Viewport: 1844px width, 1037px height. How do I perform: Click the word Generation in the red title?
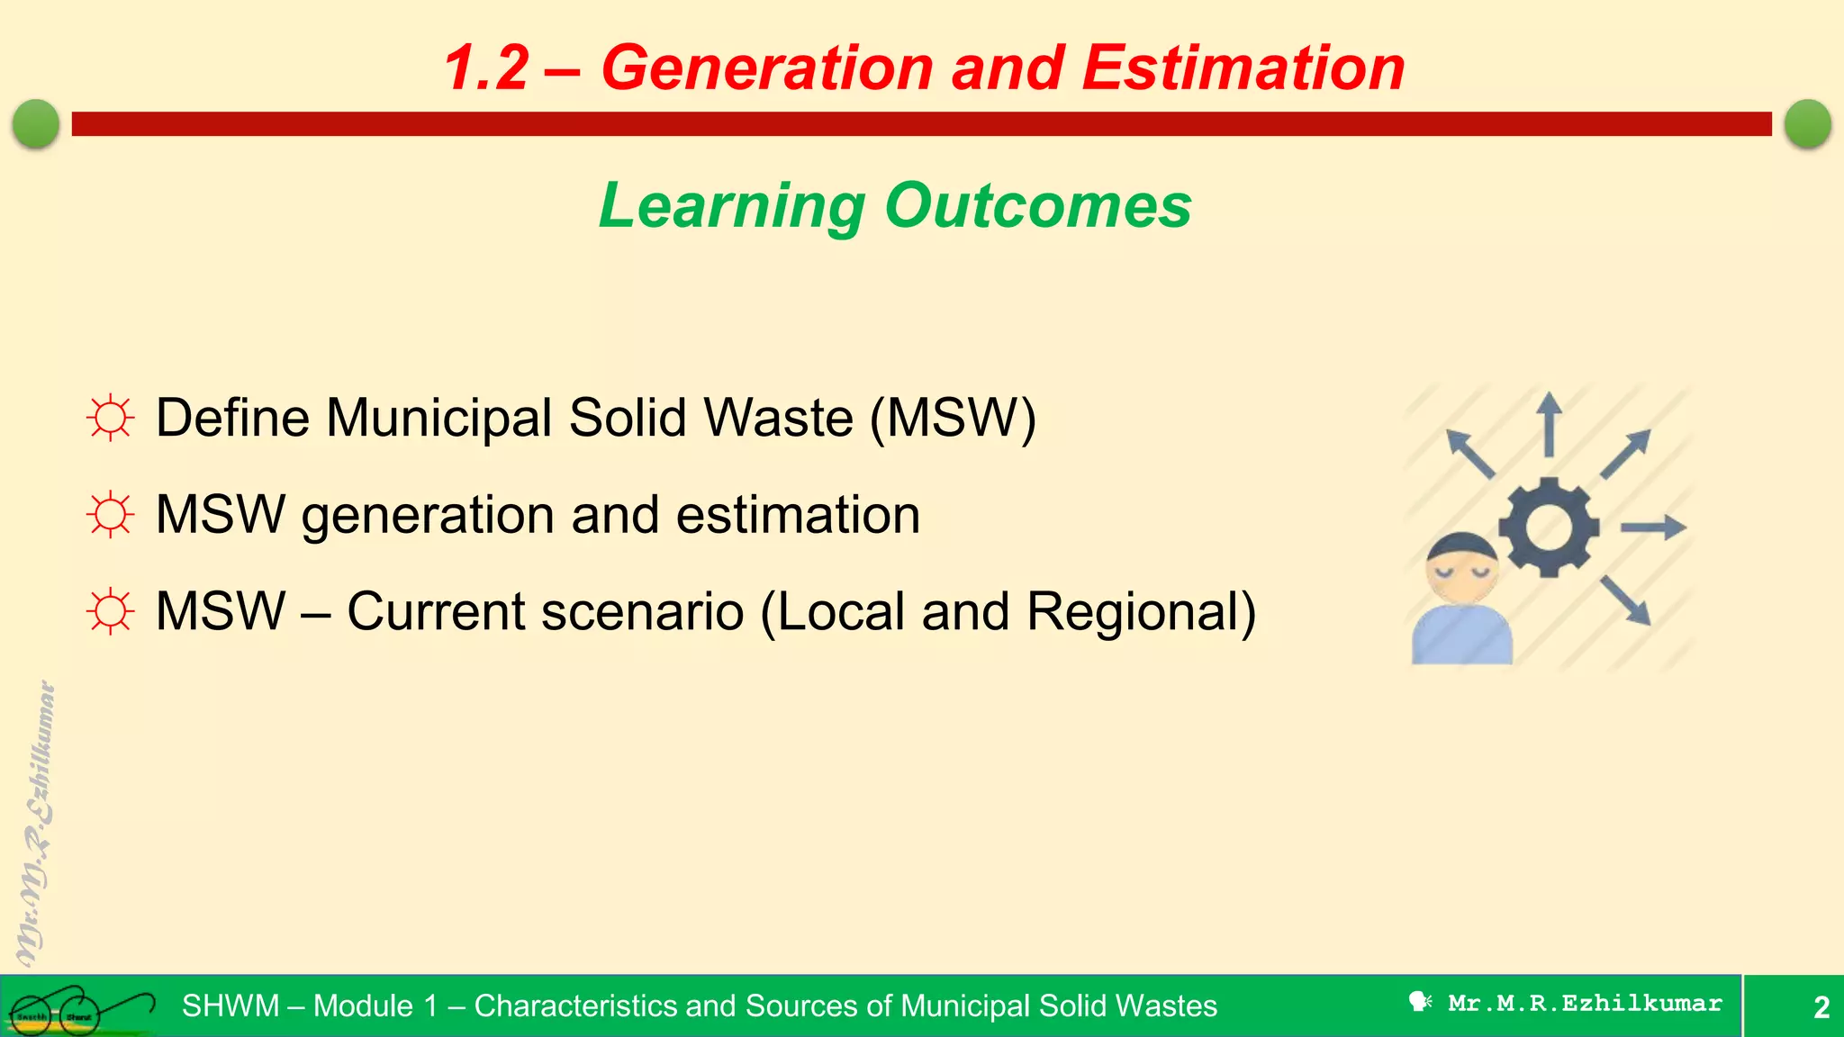767,68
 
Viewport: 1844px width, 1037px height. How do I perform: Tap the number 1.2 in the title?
486,68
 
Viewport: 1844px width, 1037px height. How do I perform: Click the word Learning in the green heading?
731,206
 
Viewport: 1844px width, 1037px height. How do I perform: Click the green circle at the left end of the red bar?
36,123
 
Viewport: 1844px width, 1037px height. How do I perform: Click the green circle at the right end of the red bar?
1807,123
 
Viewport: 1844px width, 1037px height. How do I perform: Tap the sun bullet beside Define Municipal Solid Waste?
111,418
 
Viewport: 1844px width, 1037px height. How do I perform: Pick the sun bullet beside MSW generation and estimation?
111,515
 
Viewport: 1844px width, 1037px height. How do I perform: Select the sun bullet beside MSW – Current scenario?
111,612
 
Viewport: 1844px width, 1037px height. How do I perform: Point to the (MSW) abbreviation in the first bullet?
953,418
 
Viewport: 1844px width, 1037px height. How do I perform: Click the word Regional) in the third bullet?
1141,612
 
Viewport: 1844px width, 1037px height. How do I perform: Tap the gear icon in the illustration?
1549,528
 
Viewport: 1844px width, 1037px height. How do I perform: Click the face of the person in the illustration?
1461,576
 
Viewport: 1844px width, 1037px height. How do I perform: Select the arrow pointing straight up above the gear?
1549,423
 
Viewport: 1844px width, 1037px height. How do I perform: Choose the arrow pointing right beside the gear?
1653,528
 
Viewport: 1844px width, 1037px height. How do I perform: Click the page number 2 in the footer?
1821,1006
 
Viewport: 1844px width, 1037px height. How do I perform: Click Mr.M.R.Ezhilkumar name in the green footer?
1585,1003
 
